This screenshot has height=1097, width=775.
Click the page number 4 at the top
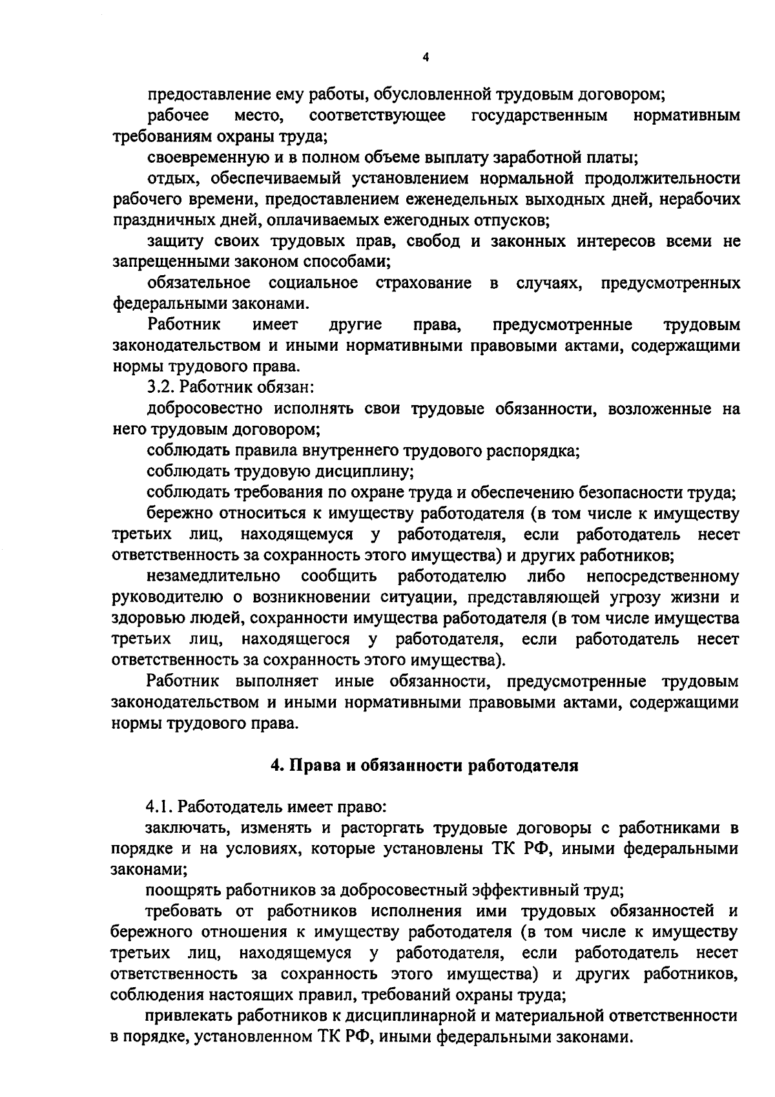pos(425,57)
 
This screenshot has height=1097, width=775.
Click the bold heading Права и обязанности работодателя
pos(424,766)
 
